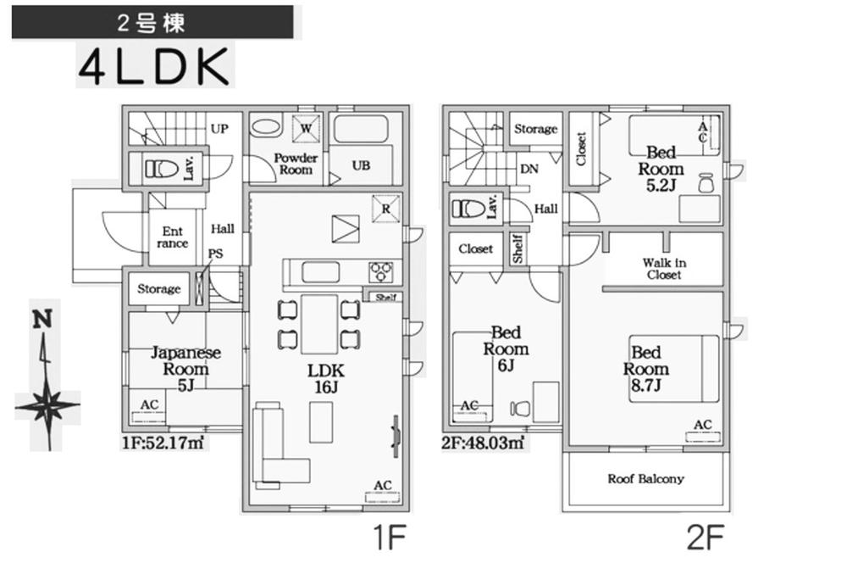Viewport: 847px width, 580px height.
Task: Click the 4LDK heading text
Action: [153, 66]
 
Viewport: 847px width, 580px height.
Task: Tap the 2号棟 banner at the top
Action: [152, 22]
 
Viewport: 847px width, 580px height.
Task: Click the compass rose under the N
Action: [47, 407]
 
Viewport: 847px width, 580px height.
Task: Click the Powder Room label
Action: [296, 165]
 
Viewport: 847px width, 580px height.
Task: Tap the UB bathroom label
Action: [361, 166]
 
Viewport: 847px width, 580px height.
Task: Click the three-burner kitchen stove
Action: [380, 272]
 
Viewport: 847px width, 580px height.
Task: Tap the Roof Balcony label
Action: [645, 479]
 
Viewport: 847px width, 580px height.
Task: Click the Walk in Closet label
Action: [664, 269]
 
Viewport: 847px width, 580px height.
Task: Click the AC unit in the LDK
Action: [382, 491]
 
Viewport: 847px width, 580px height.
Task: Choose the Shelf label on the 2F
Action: [518, 248]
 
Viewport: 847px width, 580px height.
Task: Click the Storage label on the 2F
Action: [536, 130]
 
